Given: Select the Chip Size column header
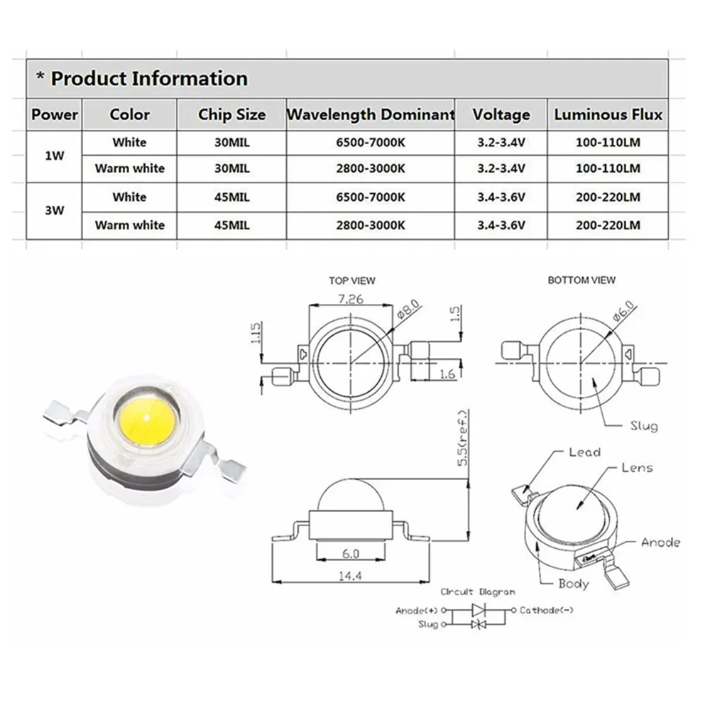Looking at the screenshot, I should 232,114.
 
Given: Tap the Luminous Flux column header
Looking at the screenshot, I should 608,114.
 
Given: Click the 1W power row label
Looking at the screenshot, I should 54,155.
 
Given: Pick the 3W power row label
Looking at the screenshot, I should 54,211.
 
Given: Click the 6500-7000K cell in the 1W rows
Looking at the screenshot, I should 370,142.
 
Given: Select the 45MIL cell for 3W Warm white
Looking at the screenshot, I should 232,225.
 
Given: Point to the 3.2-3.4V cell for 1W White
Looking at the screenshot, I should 501,142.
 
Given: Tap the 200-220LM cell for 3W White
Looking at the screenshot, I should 608,197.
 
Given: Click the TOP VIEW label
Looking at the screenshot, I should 352,281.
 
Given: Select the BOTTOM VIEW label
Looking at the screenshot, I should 581,280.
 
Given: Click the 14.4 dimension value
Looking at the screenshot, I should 350,577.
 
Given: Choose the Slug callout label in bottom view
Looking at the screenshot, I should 644,426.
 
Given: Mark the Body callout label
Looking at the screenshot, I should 574,583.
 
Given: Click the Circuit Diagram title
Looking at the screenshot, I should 477,591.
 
